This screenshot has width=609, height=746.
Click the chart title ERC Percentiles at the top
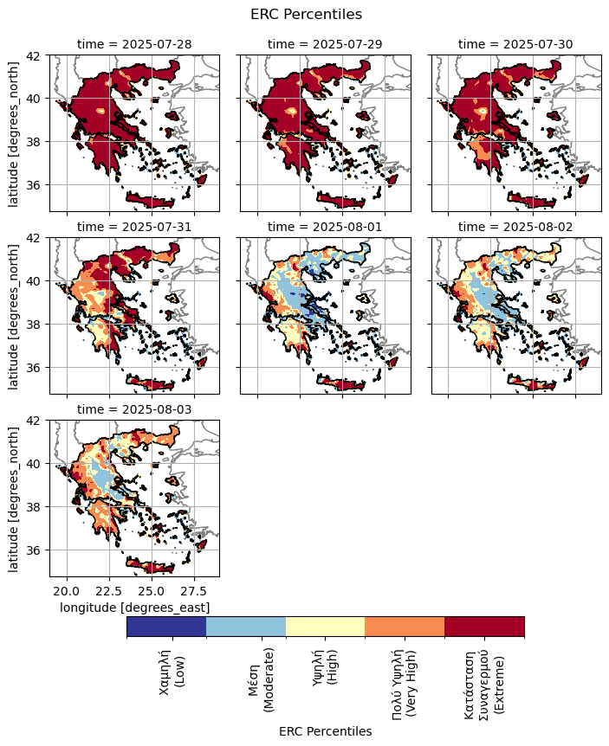(305, 14)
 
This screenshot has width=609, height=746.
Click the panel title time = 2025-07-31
(134, 227)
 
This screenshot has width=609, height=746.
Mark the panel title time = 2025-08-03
(134, 409)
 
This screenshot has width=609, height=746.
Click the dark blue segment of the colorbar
(166, 627)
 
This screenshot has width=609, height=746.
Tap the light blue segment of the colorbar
(246, 627)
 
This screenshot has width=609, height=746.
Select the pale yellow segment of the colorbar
(325, 627)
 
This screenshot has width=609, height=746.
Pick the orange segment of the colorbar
(405, 627)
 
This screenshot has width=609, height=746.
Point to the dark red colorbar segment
(484, 627)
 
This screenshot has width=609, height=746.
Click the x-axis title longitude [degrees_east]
(134, 608)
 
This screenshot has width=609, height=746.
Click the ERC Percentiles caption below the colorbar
(325, 731)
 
